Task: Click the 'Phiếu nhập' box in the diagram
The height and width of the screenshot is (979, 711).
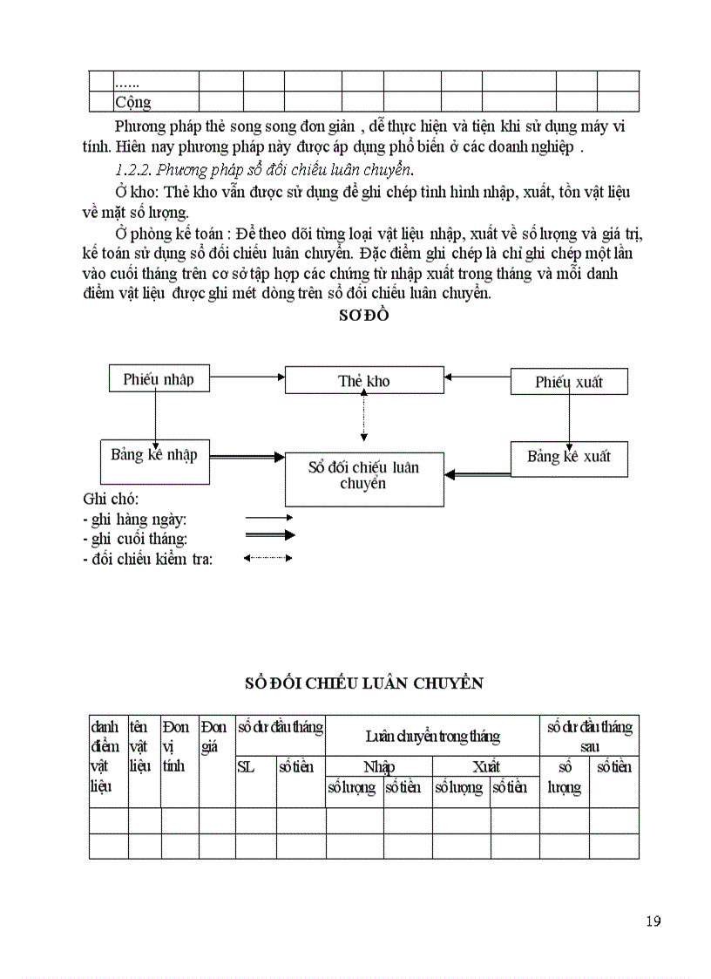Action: pyautogui.click(x=158, y=379)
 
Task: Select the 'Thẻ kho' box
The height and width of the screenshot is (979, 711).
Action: pyautogui.click(x=364, y=381)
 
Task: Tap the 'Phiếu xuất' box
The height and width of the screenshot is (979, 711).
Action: pyautogui.click(x=568, y=382)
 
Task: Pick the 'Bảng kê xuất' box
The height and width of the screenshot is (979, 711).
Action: pyautogui.click(x=568, y=457)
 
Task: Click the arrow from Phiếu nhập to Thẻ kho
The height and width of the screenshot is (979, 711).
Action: pyautogui.click(x=247, y=377)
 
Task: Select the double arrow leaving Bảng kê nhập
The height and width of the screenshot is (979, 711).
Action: pyautogui.click(x=247, y=456)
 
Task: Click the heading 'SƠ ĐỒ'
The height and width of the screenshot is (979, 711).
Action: pyautogui.click(x=363, y=316)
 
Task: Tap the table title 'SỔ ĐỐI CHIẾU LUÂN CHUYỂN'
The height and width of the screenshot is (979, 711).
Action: pyautogui.click(x=363, y=683)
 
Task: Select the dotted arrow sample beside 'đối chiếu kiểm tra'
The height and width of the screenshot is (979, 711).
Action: pyautogui.click(x=269, y=559)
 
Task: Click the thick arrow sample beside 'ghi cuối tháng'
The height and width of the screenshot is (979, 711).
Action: pyautogui.click(x=269, y=535)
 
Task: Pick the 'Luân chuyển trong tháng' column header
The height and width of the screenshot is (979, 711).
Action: pyautogui.click(x=432, y=737)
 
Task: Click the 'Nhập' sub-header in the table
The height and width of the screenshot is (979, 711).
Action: pyautogui.click(x=379, y=767)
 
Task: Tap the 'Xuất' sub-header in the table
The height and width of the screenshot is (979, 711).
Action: pyautogui.click(x=485, y=767)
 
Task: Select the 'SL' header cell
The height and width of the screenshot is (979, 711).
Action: pyautogui.click(x=246, y=767)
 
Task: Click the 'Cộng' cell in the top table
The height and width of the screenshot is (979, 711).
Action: pyautogui.click(x=133, y=102)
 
